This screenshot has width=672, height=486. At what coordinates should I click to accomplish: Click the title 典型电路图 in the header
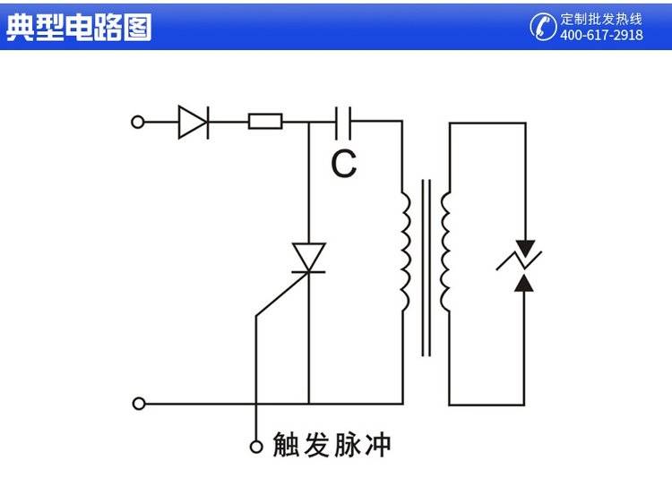[x=79, y=27]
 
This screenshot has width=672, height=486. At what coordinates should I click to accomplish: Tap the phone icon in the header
[x=543, y=26]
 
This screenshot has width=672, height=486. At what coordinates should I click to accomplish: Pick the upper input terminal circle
[x=138, y=122]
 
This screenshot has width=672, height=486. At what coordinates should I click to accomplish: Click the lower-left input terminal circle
[x=138, y=404]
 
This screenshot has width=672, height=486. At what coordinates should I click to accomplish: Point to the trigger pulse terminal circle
[x=256, y=445]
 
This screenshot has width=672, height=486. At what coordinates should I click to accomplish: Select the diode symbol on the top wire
[x=193, y=122]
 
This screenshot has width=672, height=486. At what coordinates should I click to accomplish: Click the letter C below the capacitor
[x=343, y=163]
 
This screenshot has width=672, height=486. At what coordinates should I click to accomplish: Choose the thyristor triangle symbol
[x=309, y=258]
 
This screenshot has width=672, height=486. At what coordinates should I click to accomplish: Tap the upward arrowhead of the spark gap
[x=526, y=283]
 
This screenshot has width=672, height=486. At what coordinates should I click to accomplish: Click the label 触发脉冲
[x=332, y=445]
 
